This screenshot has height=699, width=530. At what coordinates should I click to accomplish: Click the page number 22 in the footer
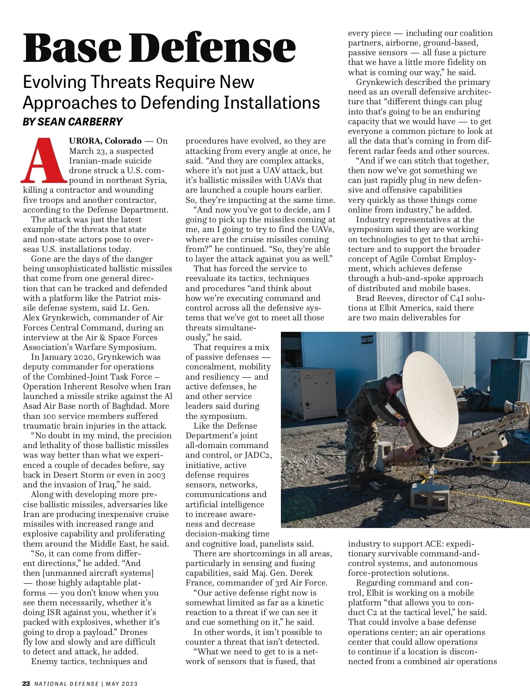[x=26, y=684]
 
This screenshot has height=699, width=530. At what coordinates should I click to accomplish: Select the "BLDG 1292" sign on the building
[x=367, y=340]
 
